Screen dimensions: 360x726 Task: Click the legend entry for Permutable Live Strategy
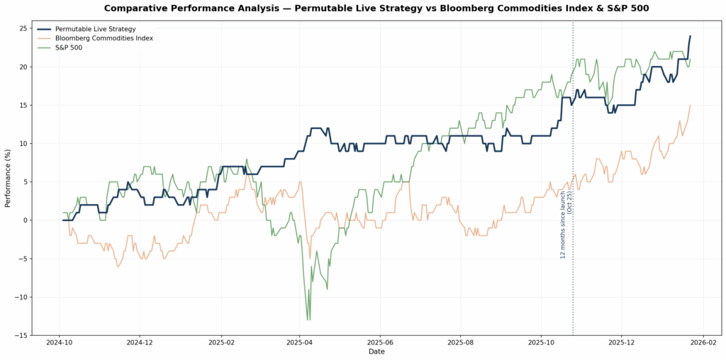click(95, 29)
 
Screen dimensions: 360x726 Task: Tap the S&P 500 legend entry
click(69, 47)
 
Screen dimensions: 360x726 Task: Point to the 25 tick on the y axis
click(23, 28)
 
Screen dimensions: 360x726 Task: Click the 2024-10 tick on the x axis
click(59, 343)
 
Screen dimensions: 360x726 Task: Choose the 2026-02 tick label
click(703, 343)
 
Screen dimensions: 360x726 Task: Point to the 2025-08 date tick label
click(460, 343)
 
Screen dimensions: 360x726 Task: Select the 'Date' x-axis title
click(376, 352)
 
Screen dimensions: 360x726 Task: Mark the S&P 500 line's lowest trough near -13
click(308, 320)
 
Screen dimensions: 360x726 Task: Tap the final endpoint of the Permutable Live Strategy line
click(690, 36)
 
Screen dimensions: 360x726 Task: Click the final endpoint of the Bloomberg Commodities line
click(690, 106)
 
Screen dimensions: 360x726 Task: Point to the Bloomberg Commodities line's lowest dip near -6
click(118, 266)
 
